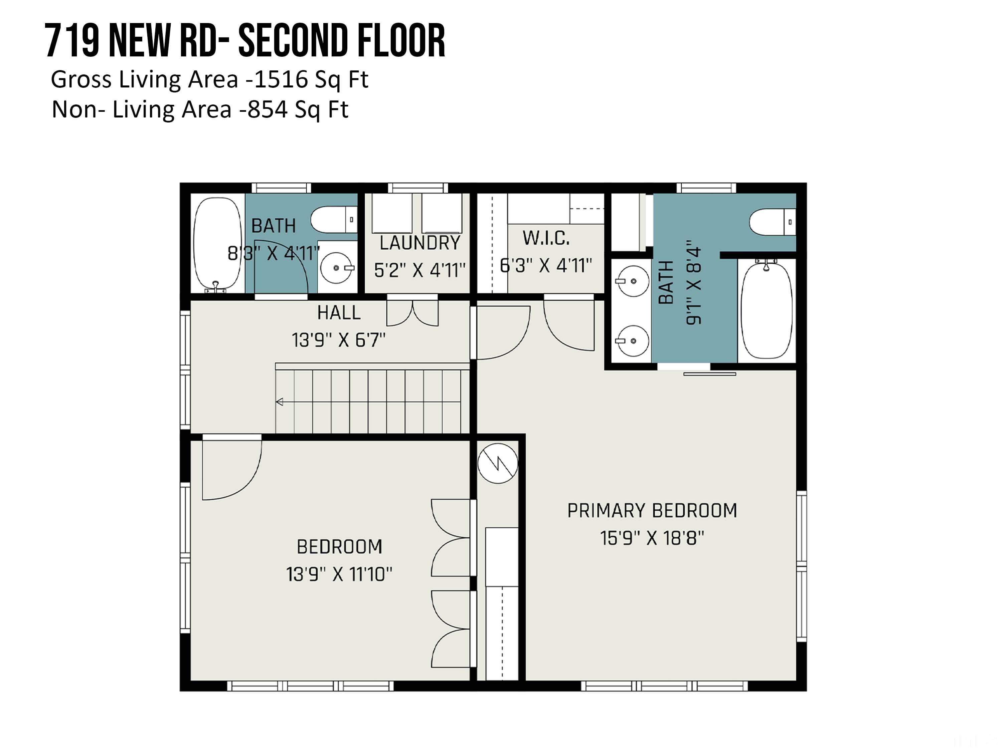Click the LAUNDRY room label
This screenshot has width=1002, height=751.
pyautogui.click(x=420, y=243)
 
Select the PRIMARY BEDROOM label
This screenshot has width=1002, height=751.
pyautogui.click(x=652, y=511)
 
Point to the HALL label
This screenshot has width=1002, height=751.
pyautogui.click(x=339, y=312)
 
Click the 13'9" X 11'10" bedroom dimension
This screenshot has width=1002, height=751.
pyautogui.click(x=339, y=574)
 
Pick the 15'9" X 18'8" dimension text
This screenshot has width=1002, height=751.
pyautogui.click(x=652, y=538)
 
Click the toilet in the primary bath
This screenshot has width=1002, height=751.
pyautogui.click(x=772, y=222)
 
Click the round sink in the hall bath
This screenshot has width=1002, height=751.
pyautogui.click(x=337, y=268)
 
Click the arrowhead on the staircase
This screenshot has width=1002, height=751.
pyautogui.click(x=279, y=402)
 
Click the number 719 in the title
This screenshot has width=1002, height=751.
pyautogui.click(x=72, y=41)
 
